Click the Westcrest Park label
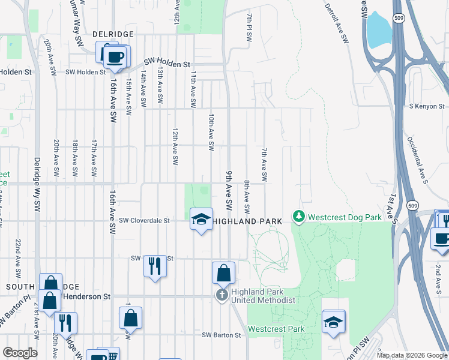click(x=276, y=329)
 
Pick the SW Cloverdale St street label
click(x=145, y=220)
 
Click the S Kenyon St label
click(x=427, y=106)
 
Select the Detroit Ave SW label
click(x=336, y=24)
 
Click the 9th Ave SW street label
click(x=229, y=187)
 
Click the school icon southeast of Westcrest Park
click(x=333, y=321)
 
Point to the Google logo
click(x=20, y=353)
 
